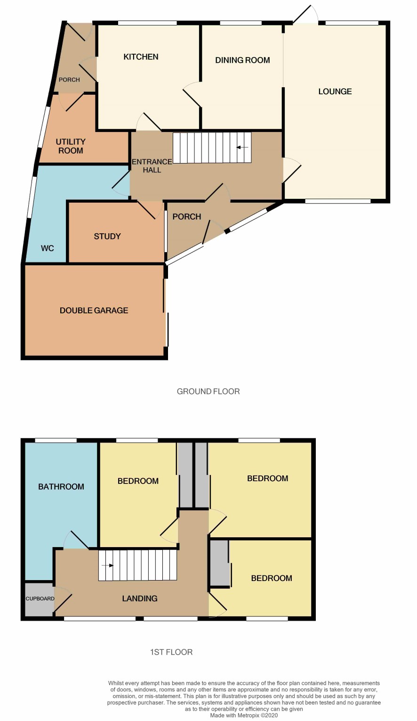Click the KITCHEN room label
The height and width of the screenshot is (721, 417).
[x=141, y=57]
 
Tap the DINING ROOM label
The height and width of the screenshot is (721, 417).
[x=242, y=60]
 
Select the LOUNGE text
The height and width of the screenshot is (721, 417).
[x=335, y=91]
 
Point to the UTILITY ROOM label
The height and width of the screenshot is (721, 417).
[x=71, y=146]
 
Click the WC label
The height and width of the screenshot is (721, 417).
[x=47, y=248]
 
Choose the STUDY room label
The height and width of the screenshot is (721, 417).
[x=107, y=236]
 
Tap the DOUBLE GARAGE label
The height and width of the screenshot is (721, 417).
[x=94, y=310]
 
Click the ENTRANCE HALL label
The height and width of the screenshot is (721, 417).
[x=152, y=166]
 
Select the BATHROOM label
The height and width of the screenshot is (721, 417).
[x=61, y=486]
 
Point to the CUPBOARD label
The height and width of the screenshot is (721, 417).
[x=40, y=598]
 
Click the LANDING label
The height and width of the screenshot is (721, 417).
[x=139, y=598]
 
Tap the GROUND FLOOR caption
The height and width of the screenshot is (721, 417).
[x=208, y=392]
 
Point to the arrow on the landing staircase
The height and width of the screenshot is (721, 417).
[x=107, y=565]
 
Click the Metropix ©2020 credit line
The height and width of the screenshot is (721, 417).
[x=244, y=715]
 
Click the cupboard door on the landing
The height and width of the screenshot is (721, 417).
[x=63, y=599]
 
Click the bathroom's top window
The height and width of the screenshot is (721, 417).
[x=56, y=440]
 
